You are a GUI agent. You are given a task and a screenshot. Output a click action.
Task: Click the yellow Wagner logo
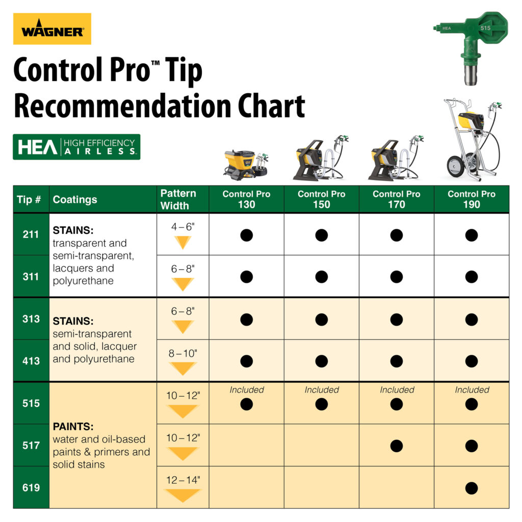[52, 29]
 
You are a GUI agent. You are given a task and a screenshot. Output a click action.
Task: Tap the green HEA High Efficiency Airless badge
[76, 147]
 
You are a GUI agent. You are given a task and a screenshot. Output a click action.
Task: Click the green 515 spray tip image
[469, 46]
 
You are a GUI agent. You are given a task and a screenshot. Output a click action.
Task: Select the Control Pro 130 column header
[246, 199]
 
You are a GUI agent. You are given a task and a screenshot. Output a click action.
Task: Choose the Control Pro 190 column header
[472, 199]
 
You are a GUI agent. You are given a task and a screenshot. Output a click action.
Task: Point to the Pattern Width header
[178, 199]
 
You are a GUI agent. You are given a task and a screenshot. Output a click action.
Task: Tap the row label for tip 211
[31, 235]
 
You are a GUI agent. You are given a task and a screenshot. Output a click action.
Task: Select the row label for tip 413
[31, 361]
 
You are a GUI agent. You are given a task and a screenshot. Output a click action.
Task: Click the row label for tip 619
[31, 488]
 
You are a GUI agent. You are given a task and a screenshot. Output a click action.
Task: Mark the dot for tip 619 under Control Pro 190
[472, 488]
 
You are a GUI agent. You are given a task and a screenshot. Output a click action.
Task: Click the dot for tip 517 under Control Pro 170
[397, 446]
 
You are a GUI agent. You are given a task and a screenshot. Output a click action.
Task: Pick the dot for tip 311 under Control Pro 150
[321, 277]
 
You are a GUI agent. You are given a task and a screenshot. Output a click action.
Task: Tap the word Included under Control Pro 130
[247, 390]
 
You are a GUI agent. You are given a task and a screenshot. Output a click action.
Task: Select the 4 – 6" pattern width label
[182, 227]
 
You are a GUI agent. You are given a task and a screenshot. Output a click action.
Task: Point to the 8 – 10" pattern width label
[182, 353]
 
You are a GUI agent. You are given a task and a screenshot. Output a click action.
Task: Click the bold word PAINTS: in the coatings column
[73, 427]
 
